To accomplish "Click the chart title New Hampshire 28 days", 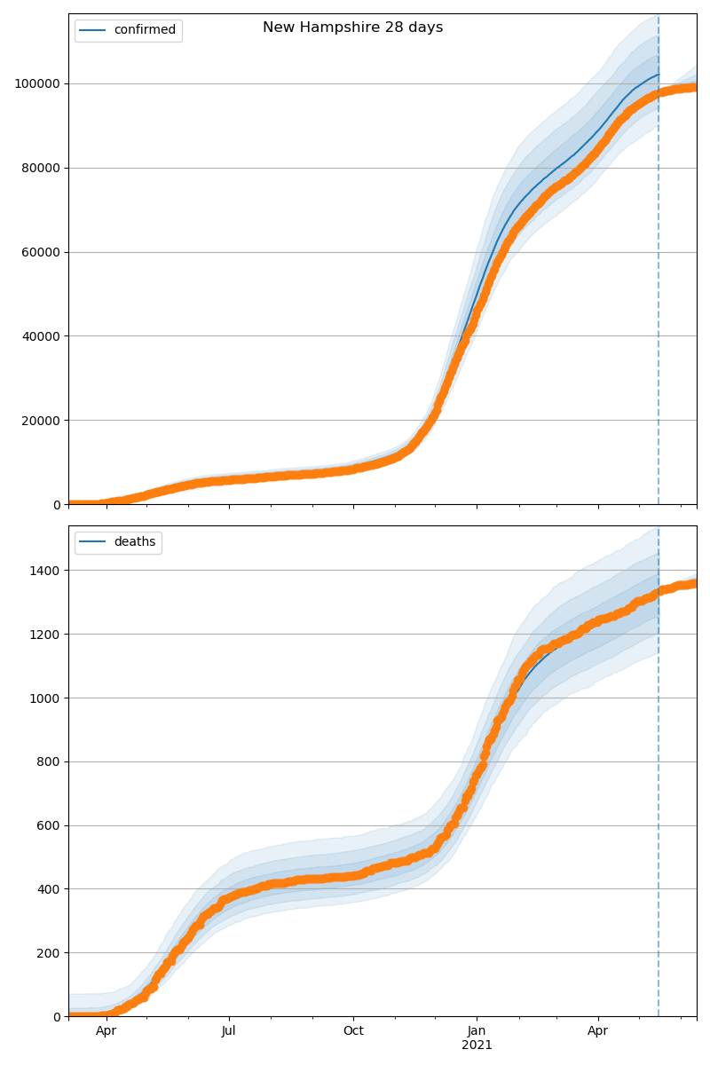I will [x=352, y=28].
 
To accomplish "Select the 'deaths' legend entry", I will [x=134, y=542].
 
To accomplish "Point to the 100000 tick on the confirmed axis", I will [x=36, y=83].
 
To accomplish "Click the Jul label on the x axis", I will [x=229, y=1031].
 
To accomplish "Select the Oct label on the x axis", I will [x=353, y=1031].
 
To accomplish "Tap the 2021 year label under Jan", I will [x=477, y=1045].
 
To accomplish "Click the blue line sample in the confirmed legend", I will [x=92, y=30].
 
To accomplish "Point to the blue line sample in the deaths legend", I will [x=92, y=542].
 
